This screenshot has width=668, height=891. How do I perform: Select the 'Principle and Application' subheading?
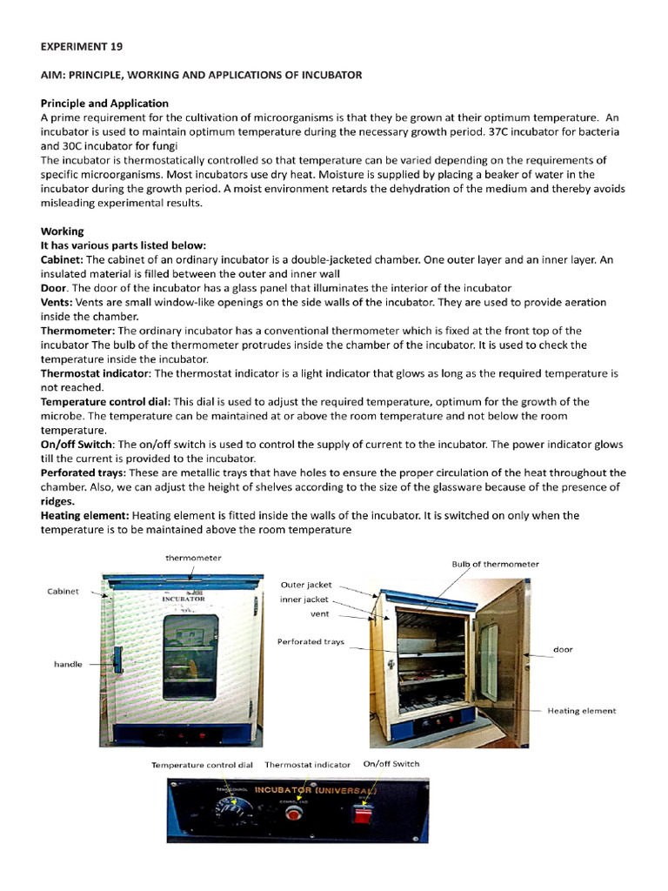pos(104,103)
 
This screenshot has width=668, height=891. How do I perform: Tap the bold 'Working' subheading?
pos(62,231)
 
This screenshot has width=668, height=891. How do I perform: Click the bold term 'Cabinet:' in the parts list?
pos(62,259)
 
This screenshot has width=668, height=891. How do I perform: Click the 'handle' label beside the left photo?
pos(68,664)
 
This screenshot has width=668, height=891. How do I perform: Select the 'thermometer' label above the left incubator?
pos(193,558)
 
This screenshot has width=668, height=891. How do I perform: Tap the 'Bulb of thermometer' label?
pos(495,564)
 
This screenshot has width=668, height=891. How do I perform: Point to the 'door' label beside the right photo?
pos(563,649)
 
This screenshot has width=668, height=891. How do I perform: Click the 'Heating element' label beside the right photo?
pos(581,710)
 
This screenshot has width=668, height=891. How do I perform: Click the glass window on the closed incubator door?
pos(190,657)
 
